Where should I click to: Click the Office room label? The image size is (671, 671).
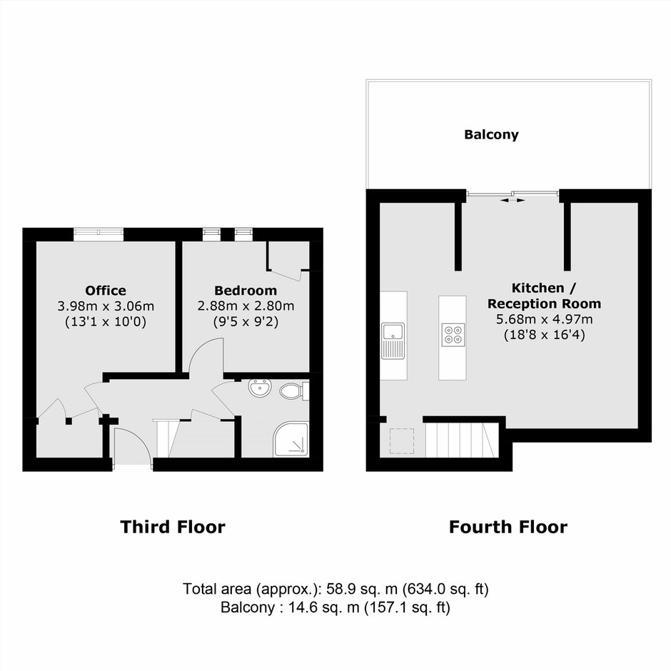coord(106,291)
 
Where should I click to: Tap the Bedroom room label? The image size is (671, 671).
coord(246,291)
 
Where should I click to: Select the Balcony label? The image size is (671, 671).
coord(491,135)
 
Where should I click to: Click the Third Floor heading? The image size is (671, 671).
coord(173,527)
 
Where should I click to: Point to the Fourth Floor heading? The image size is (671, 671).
coord(508,527)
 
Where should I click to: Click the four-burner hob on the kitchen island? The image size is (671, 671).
coord(453,335)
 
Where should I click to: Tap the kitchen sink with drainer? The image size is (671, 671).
coord(393,340)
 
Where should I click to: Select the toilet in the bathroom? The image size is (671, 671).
coord(294,390)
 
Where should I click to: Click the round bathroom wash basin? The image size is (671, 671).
coord(259,388)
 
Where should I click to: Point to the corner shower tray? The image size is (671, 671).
coord(291,439)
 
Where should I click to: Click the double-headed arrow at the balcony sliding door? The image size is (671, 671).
coord(513,200)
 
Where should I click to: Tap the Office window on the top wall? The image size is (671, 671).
coord(99,234)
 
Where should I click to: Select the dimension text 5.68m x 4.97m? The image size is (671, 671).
coord(544,319)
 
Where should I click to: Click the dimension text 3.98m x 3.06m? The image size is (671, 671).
coord(106,306)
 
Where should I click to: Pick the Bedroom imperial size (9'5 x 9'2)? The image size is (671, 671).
coord(246,322)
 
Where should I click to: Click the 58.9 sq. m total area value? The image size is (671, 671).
coord(362,589)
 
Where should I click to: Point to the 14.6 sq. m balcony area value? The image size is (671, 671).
coord(324,607)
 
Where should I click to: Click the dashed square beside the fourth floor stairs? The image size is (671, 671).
coord(402,441)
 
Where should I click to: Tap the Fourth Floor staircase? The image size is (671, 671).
coord(462,440)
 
